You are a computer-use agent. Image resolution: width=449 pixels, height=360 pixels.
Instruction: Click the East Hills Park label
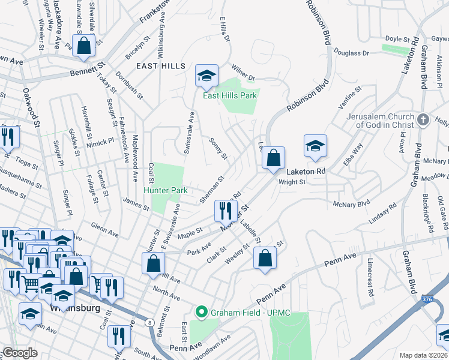(x=230, y=95)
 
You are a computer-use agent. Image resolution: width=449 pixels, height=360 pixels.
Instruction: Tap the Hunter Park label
(x=166, y=190)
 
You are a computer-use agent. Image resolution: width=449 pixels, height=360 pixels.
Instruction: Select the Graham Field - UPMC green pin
(x=201, y=311)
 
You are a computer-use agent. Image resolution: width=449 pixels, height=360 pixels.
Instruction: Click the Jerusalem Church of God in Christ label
(x=384, y=121)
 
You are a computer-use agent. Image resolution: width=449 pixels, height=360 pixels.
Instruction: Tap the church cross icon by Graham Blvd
(x=423, y=120)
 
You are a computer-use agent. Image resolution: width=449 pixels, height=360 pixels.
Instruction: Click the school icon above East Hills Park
(x=206, y=76)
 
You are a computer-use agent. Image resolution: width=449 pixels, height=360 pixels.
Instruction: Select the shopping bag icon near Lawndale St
(x=83, y=44)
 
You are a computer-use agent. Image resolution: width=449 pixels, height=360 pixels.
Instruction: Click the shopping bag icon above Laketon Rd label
(x=274, y=158)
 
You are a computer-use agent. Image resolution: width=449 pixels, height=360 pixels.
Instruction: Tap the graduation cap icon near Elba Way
(x=315, y=146)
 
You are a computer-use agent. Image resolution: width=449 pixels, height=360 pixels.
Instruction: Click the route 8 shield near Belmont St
(x=148, y=323)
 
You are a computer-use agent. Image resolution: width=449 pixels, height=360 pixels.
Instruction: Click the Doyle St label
(x=397, y=38)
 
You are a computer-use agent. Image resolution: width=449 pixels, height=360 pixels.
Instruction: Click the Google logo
(x=20, y=352)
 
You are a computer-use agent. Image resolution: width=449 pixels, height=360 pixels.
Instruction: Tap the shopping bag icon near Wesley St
(x=265, y=258)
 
